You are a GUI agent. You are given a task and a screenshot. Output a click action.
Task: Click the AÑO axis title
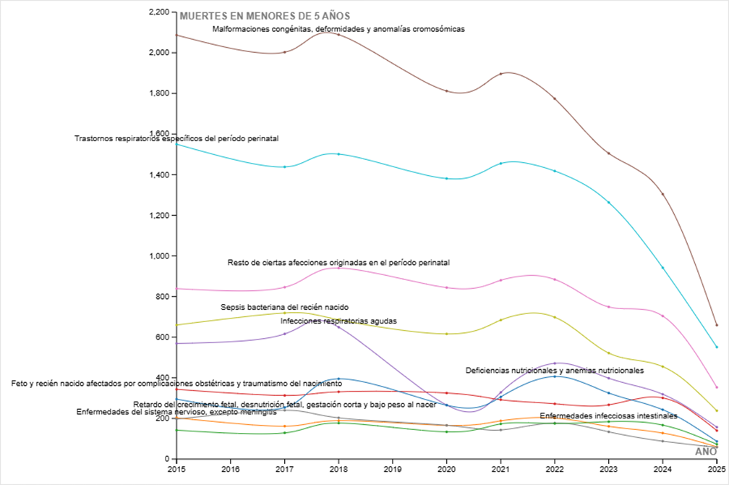(705, 452)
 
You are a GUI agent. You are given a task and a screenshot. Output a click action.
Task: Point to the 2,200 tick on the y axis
(159, 12)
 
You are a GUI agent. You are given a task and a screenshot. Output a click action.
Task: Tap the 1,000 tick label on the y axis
(159, 256)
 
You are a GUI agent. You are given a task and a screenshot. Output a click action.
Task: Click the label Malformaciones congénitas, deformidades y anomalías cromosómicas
(338, 29)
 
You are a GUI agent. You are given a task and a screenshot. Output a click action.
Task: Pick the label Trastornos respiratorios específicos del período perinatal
(176, 138)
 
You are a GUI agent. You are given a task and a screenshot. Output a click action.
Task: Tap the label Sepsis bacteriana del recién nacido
(284, 308)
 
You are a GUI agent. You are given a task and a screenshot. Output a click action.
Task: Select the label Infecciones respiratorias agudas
(338, 320)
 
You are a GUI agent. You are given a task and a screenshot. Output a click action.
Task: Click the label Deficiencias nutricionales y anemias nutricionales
(555, 370)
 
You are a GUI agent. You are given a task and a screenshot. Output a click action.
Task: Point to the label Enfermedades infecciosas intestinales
(608, 416)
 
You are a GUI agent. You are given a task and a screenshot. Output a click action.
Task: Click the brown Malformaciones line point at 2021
(501, 74)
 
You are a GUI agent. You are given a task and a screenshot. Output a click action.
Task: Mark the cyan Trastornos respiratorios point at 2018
(338, 154)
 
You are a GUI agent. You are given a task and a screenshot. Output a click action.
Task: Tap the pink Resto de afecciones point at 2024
(663, 316)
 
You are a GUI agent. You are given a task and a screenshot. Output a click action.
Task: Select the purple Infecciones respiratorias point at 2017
(284, 334)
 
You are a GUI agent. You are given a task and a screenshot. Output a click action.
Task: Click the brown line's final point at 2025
(717, 325)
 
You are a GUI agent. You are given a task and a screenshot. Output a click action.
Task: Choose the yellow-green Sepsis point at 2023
(609, 353)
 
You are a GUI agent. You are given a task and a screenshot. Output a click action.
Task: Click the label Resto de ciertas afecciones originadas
(338, 262)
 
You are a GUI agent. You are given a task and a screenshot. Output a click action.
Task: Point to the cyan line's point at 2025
(717, 347)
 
